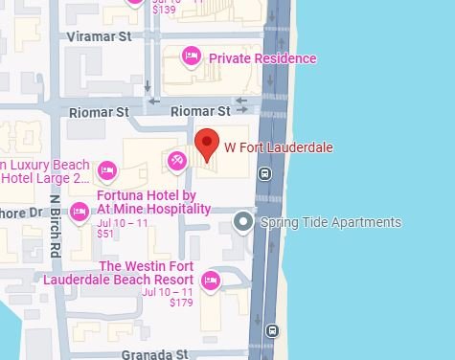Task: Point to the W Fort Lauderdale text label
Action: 278,147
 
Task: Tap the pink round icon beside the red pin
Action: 177,160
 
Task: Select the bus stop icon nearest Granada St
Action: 272,331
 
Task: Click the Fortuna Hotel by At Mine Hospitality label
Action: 153,201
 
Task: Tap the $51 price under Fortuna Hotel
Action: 105,234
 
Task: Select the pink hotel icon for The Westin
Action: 211,280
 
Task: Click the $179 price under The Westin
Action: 181,303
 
